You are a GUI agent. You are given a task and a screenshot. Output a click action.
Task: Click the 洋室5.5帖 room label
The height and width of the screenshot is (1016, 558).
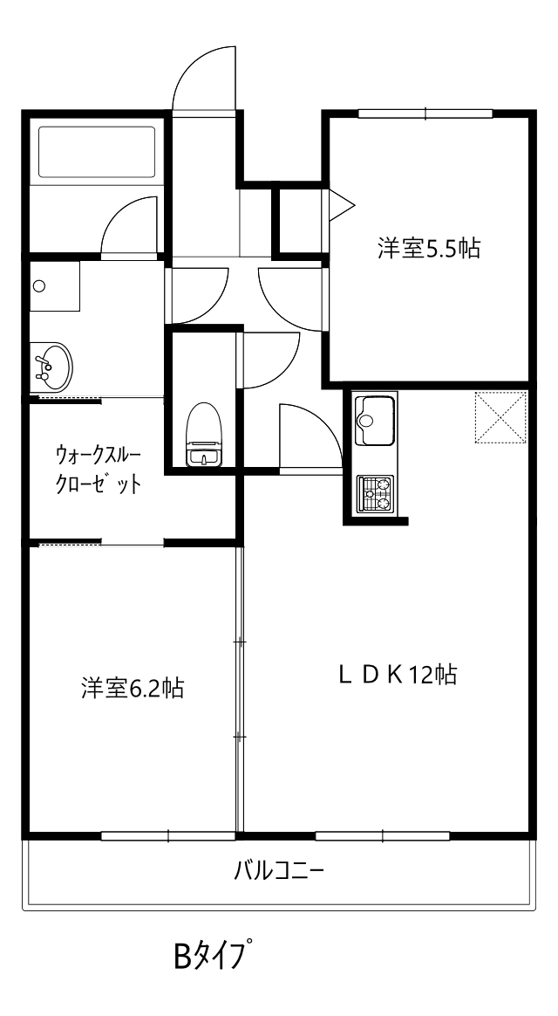pos(429,248)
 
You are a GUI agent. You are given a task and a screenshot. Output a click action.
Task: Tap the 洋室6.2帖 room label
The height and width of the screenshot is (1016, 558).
pos(132,688)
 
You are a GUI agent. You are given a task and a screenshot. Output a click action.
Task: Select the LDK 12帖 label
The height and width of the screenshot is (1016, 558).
pos(398,675)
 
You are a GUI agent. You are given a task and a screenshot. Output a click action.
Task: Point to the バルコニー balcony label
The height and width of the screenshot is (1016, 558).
pos(278,868)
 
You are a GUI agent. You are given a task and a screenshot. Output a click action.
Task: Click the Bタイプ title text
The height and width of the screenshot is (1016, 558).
pos(212,955)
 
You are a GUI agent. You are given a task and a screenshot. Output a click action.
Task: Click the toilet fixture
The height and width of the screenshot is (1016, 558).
pos(204,434)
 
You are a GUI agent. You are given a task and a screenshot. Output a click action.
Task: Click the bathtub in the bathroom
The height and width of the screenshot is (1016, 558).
pos(97,152)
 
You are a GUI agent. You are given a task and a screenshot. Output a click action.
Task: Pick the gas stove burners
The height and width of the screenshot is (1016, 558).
pos(376,494)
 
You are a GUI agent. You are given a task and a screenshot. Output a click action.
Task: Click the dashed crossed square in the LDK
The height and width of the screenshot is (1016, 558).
pos(500,417)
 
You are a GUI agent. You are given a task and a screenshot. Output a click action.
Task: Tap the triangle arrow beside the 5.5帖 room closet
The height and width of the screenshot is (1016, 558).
pos(341,205)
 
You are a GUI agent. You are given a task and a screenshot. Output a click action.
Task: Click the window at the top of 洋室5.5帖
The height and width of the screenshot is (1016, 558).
pos(426,114)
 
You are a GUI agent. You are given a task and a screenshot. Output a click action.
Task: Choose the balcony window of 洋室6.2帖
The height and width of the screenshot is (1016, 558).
pos(168,836)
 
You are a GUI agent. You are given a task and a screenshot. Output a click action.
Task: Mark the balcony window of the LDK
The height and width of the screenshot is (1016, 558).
pos(382,836)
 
